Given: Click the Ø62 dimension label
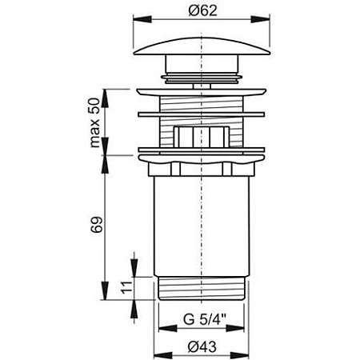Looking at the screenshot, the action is pyautogui.click(x=202, y=10).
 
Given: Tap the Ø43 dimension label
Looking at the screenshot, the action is pyautogui.click(x=202, y=346).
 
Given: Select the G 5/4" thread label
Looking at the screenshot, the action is pyautogui.click(x=205, y=319).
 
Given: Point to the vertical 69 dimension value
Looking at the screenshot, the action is pyautogui.click(x=97, y=225).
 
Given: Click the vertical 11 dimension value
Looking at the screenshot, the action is pyautogui.click(x=126, y=287).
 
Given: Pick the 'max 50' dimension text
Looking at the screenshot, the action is pyautogui.click(x=95, y=122).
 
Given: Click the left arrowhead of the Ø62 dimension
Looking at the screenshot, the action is pyautogui.click(x=142, y=19).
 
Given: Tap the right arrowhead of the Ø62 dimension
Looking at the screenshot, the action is pyautogui.click(x=260, y=19).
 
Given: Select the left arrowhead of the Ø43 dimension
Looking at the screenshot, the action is pyautogui.click(x=163, y=355).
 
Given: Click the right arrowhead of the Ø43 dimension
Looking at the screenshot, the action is pyautogui.click(x=239, y=355).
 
